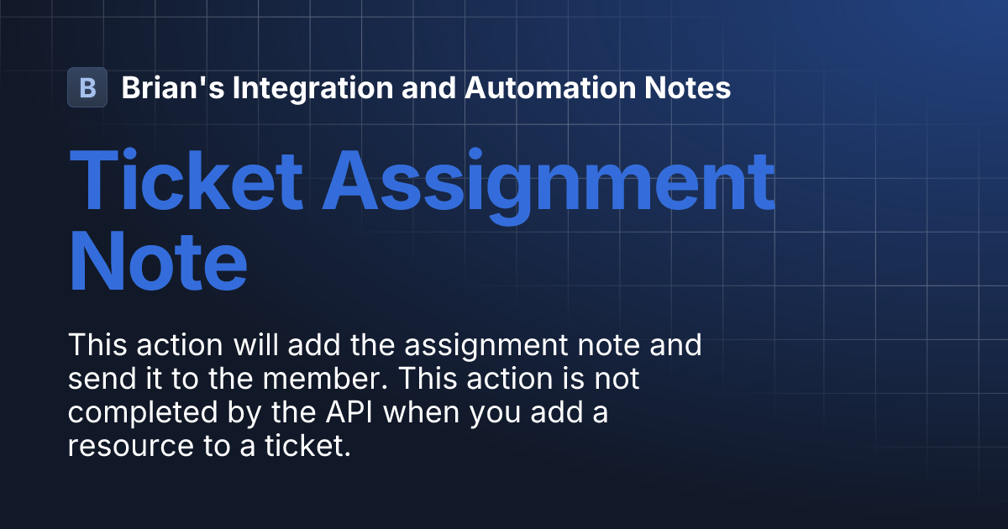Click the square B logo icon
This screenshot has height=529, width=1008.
[x=87, y=87]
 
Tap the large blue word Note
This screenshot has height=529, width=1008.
[x=158, y=263]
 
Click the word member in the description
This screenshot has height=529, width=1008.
[x=323, y=379]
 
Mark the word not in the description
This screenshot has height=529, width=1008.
[x=617, y=379]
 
